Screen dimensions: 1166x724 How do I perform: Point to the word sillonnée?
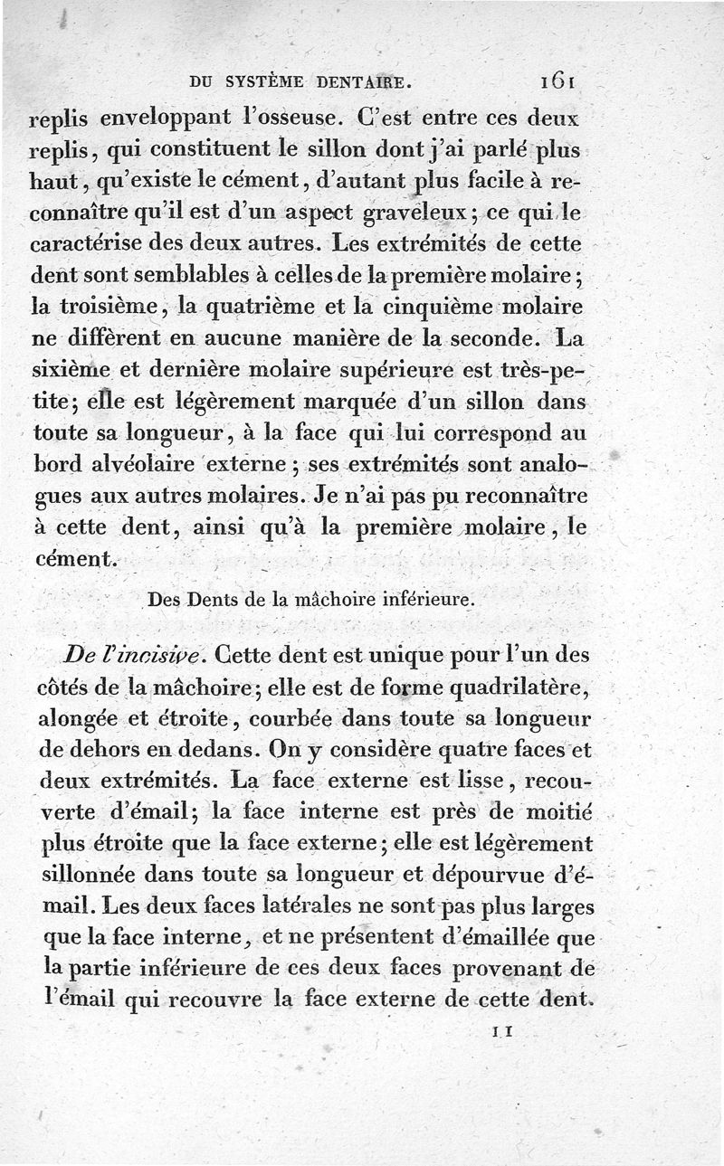pos(90,876)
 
